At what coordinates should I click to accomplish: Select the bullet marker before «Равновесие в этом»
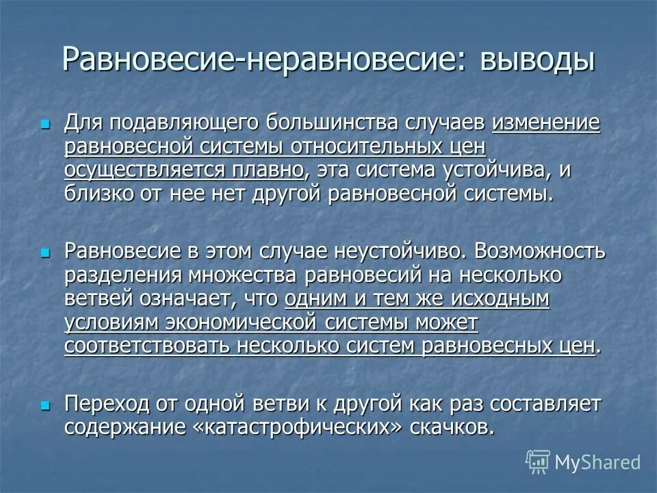point(46,253)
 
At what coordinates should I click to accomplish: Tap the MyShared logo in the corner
point(583,462)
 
